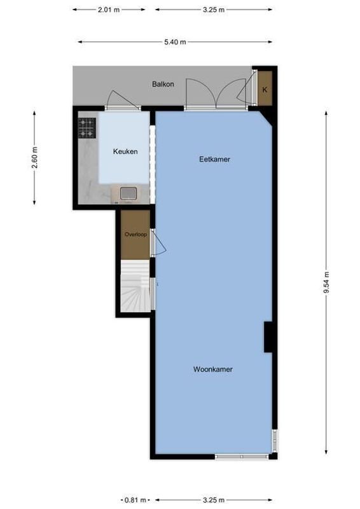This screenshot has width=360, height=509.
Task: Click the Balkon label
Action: tap(163, 84)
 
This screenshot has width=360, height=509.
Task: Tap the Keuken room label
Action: tap(125, 151)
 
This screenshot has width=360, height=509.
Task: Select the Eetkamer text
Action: tap(214, 159)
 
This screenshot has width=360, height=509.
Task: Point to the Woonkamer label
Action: tap(213, 369)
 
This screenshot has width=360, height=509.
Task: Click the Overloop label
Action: tap(135, 234)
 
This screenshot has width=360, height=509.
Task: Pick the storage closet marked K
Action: tap(265, 90)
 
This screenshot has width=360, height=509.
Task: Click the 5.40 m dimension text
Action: tap(176, 43)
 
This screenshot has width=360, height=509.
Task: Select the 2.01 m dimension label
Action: tap(108, 10)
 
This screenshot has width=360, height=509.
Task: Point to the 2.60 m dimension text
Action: tap(34, 157)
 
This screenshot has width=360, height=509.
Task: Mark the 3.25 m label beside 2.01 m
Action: tap(214, 10)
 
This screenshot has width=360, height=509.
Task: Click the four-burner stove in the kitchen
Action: tap(87, 128)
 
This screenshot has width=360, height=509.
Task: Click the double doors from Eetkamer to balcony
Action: tap(216, 95)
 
